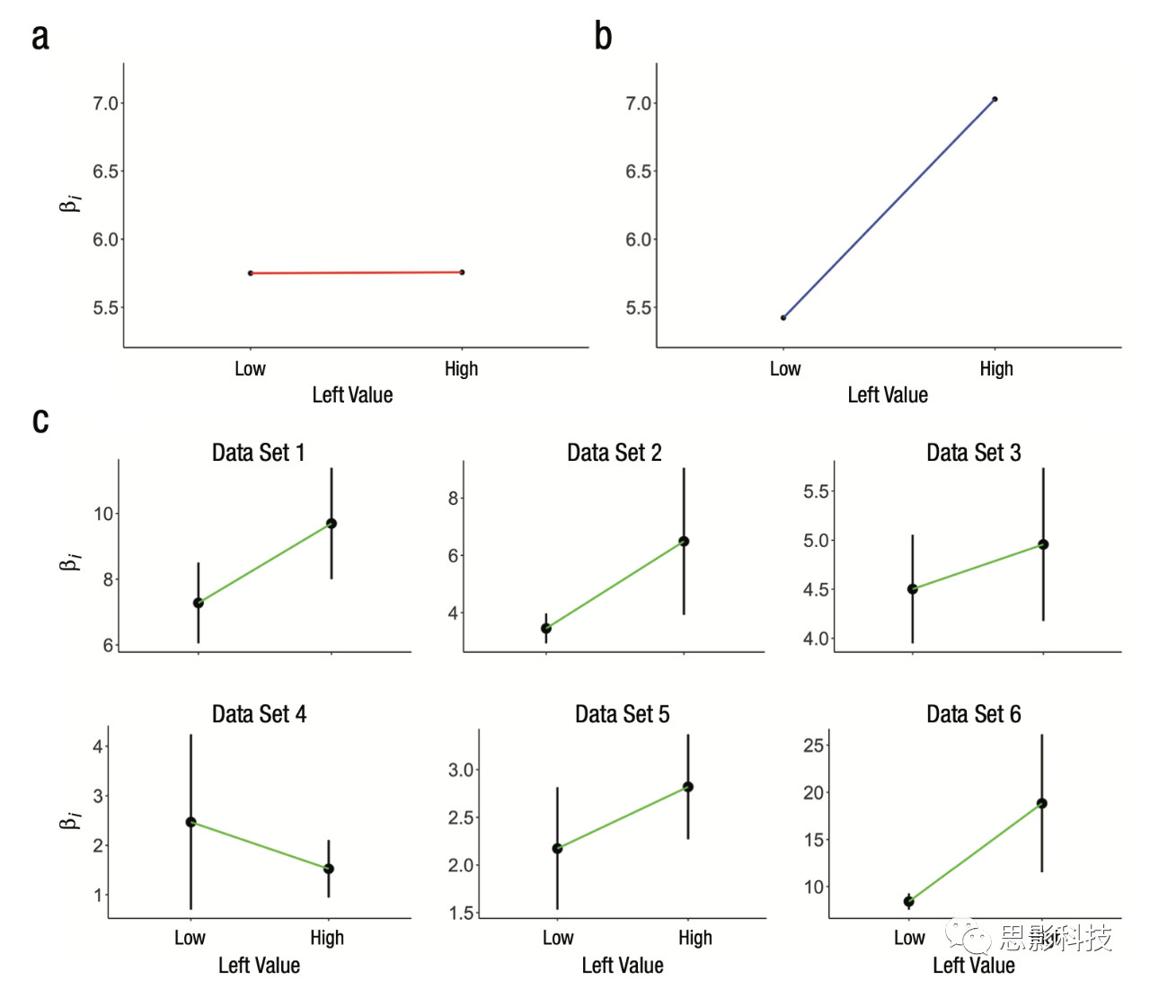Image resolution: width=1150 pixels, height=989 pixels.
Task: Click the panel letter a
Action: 40,38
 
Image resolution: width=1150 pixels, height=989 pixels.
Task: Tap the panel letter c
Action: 40,420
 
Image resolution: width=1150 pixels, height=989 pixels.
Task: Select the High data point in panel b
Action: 995,99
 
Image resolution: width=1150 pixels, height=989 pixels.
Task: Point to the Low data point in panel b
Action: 783,318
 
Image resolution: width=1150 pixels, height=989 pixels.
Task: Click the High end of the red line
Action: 462,272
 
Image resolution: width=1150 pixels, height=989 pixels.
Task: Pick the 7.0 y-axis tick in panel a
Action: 106,103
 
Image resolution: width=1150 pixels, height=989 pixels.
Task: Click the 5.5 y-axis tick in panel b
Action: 639,308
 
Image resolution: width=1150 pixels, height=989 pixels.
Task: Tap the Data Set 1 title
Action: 259,453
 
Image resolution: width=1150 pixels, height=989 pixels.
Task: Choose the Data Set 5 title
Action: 622,714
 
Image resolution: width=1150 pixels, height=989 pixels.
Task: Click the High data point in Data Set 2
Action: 684,542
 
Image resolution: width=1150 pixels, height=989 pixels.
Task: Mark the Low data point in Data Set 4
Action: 190,822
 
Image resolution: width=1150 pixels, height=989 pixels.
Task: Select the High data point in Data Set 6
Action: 1042,804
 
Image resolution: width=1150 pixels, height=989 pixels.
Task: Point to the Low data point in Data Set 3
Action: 913,589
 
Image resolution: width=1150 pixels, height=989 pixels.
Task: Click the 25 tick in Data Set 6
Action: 813,746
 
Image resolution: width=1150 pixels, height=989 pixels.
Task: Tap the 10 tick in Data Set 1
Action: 103,514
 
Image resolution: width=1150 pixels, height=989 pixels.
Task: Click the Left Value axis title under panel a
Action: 352,395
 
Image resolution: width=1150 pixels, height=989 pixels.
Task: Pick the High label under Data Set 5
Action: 695,938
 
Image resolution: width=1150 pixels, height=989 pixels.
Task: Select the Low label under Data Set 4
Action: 190,938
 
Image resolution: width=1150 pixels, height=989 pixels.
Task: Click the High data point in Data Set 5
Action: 688,787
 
